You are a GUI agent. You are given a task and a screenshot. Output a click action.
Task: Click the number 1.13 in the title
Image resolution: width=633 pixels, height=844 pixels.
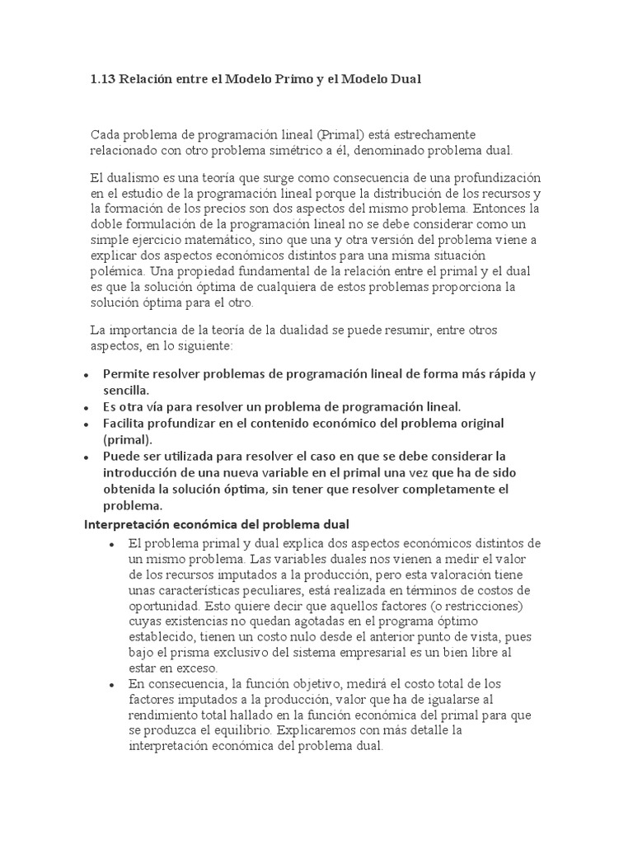pos(102,80)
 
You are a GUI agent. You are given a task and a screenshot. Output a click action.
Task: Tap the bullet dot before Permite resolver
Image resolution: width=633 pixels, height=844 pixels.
pos(87,375)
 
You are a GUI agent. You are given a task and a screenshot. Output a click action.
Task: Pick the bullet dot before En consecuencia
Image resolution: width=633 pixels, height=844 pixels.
pos(111,685)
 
